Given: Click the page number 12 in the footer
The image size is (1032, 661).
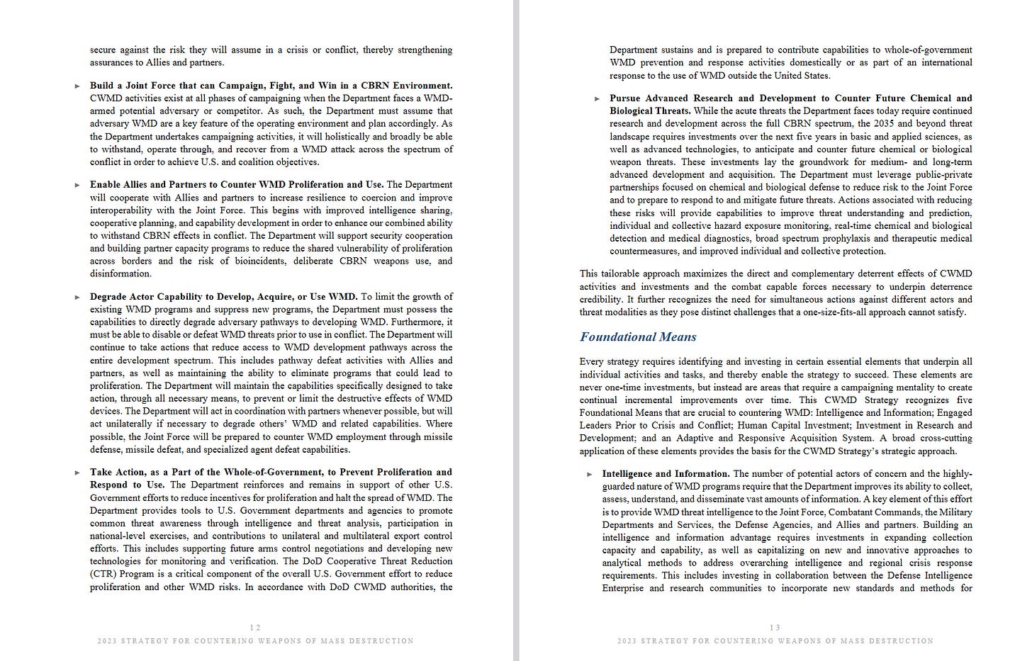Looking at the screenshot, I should click(x=255, y=627).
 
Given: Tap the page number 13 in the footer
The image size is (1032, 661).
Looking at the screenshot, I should click(x=775, y=627).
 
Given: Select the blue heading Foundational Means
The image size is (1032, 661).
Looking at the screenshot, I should click(x=638, y=337).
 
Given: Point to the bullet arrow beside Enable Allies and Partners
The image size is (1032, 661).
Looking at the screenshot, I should click(x=77, y=186).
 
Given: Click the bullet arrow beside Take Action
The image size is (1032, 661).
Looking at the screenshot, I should click(x=77, y=473).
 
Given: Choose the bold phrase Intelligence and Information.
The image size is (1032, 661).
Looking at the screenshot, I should click(x=665, y=474).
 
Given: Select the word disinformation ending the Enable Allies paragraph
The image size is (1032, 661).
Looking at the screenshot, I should click(x=120, y=274).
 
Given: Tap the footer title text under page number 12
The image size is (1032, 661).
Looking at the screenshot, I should click(x=255, y=641).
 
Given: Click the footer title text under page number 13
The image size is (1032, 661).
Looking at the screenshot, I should click(x=775, y=641).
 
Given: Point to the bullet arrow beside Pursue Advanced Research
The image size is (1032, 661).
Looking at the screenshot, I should click(x=597, y=99).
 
